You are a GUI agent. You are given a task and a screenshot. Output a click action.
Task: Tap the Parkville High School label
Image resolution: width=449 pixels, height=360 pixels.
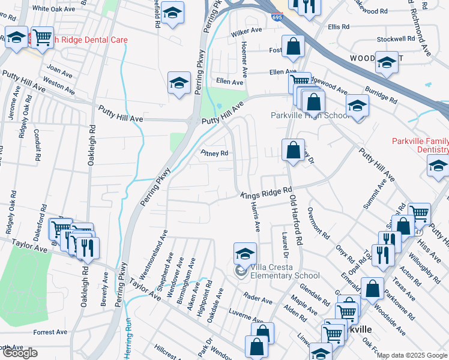(x=309, y=115)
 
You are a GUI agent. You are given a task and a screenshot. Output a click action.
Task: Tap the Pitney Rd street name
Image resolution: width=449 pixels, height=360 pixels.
(x=214, y=154)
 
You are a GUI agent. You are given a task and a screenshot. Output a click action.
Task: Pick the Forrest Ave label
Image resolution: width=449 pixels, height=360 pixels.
(x=50, y=332)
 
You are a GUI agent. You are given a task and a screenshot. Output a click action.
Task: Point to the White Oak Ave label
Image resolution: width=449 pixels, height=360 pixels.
(x=53, y=8)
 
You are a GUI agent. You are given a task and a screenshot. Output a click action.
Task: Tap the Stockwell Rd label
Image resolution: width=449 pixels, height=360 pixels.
(x=396, y=39)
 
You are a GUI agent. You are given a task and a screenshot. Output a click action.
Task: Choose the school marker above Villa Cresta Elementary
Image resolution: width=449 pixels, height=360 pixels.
(x=245, y=253)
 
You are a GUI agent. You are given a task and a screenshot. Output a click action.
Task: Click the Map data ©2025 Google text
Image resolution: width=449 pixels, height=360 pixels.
(x=412, y=355)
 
